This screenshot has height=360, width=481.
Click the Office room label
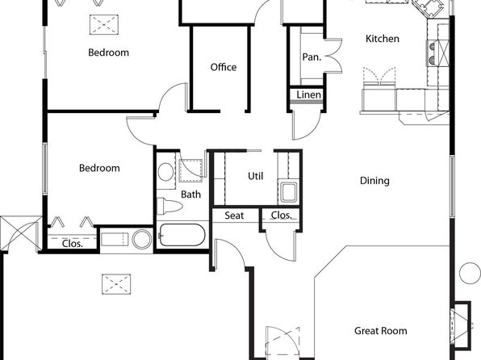click(224, 67)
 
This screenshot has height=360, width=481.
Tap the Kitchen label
click(383, 39)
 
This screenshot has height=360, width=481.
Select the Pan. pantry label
click(312, 57)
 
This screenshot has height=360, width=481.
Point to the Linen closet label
click(308, 94)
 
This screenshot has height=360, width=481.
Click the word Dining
click(374, 181)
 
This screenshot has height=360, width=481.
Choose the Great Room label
click(381, 331)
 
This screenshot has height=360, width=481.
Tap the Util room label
click(256, 176)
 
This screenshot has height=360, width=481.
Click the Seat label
click(234, 216)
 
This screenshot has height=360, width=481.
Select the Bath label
click(190, 195)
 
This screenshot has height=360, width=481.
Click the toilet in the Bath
click(169, 206)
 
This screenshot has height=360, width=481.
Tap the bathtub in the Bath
click(182, 235)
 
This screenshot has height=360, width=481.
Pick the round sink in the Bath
click(165, 172)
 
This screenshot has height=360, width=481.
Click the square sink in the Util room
click(289, 192)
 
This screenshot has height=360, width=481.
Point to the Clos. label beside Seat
click(282, 216)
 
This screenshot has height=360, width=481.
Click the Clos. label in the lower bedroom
click(73, 244)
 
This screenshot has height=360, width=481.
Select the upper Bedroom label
click(108, 52)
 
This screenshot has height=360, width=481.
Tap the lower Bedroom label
click(99, 168)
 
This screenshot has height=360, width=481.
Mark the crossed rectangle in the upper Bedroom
click(104, 24)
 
